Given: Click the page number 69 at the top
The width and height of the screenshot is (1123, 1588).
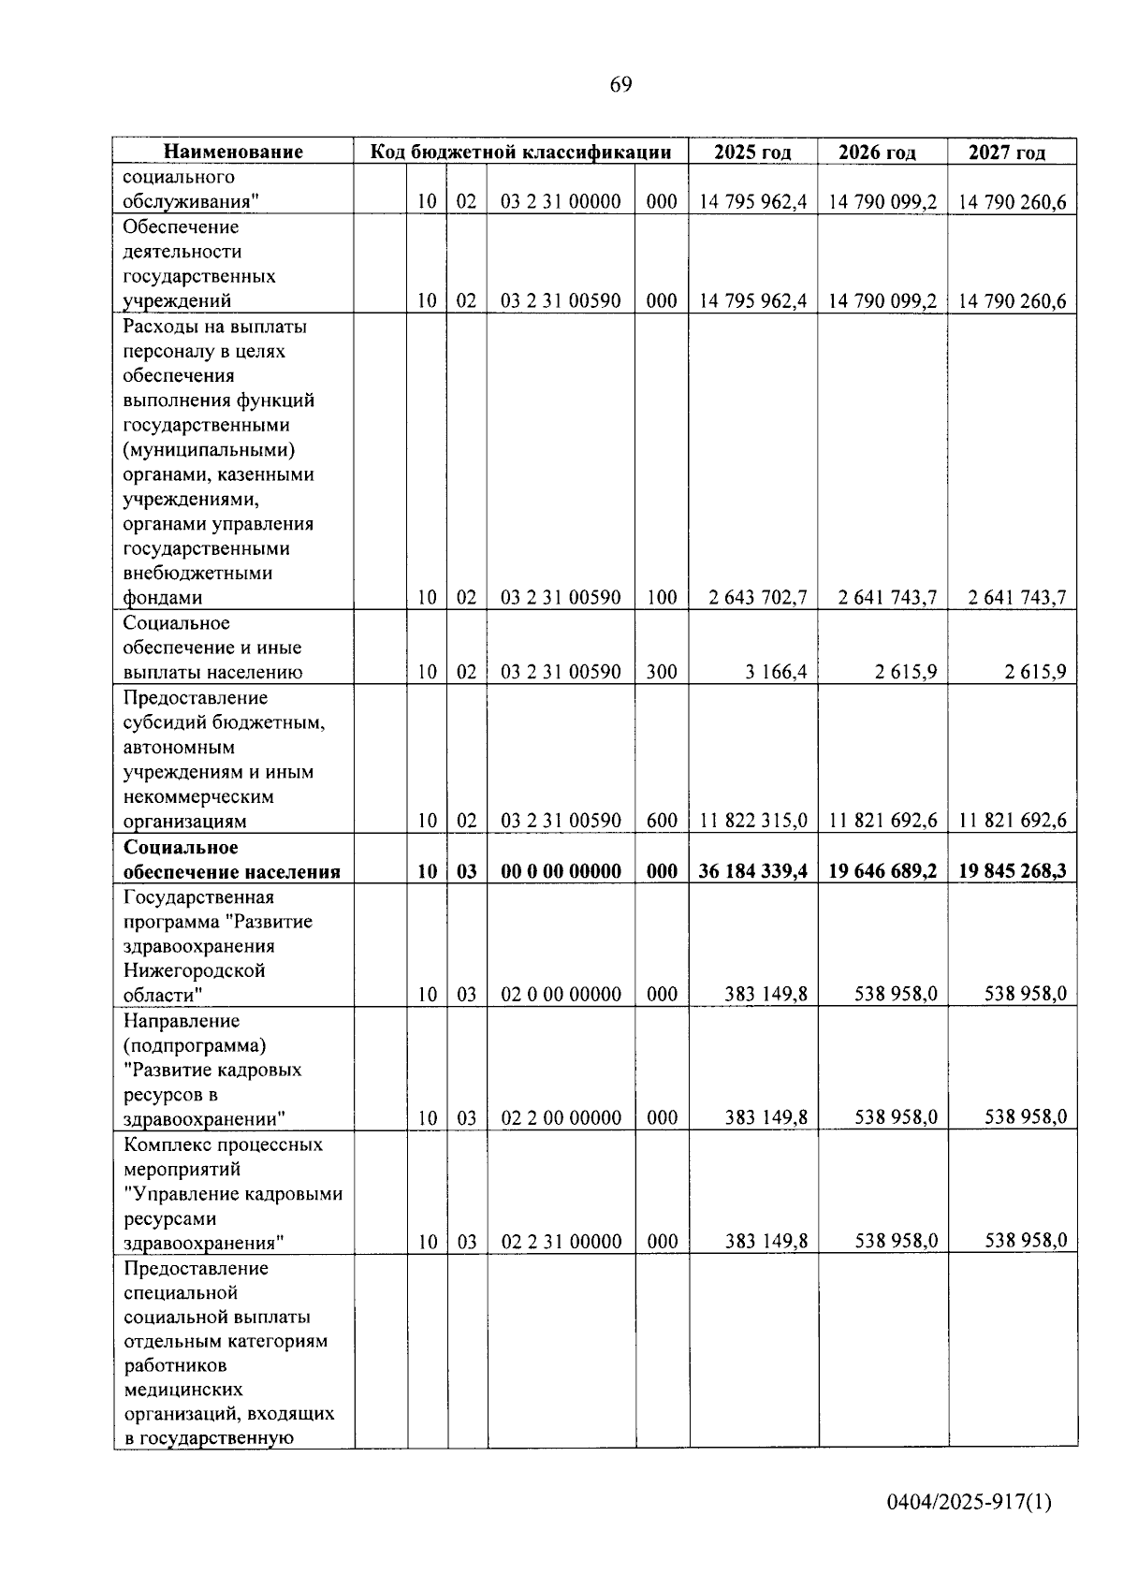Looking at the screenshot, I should [620, 85].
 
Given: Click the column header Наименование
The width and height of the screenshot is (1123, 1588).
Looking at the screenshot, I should [234, 152].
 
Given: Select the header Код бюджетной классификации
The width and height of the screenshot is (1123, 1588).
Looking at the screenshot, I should [520, 152].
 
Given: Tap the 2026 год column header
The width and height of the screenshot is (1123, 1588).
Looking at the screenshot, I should [877, 152].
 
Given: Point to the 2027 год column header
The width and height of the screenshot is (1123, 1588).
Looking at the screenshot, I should [1007, 152].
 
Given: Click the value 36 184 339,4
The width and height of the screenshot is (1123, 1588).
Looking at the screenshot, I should [752, 871].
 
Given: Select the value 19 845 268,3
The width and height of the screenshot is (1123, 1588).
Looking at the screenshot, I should [1013, 871].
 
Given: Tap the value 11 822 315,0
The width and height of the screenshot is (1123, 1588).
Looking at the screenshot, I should [753, 821].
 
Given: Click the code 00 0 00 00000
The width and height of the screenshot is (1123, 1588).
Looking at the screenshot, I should [561, 871].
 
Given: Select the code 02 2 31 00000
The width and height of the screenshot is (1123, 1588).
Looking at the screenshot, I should [561, 1242].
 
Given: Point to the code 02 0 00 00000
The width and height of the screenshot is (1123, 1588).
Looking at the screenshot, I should [561, 994].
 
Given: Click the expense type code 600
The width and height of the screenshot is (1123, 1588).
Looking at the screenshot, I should [662, 821].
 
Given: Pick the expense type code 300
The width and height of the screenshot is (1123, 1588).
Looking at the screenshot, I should [662, 672].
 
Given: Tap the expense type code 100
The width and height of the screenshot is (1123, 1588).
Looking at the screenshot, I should [662, 597].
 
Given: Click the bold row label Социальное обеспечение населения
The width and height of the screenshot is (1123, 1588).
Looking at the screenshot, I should [231, 860].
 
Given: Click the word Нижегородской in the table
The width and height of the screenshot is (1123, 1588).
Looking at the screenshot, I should [195, 970].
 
